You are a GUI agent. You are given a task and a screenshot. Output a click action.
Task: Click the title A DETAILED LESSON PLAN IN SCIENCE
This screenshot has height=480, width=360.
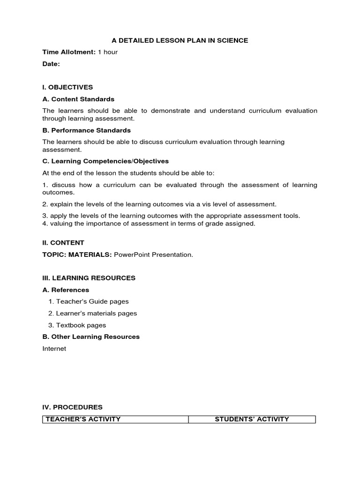pos(180,40)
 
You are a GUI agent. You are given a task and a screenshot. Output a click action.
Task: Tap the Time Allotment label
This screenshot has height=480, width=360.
pos(69,52)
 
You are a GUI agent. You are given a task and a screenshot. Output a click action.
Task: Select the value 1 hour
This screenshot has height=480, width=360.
pos(108,52)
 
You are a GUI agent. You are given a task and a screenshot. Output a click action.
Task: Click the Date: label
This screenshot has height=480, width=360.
pos(51,64)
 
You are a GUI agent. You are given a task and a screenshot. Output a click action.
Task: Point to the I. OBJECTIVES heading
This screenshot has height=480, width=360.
pos(67,87)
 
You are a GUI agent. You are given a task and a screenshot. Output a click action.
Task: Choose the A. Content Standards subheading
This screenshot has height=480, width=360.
pos(78,99)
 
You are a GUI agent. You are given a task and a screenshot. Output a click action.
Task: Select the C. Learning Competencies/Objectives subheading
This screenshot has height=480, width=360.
pos(105,161)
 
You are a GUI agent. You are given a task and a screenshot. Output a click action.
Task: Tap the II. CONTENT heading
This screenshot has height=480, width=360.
pos(63,243)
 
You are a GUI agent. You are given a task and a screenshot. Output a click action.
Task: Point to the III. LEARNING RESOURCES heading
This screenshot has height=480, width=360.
pos(89,278)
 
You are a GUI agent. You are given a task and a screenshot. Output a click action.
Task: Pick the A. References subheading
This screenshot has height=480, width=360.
pos(66,290)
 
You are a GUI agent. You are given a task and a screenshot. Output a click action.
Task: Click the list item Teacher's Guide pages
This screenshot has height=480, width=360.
pos(92,301)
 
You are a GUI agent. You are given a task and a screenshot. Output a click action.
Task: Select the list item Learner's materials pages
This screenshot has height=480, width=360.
pos(96,313)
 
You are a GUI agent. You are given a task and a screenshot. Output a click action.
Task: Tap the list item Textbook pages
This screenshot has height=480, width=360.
pos(81,325)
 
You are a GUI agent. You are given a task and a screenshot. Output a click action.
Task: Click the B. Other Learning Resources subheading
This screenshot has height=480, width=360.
pos(91,337)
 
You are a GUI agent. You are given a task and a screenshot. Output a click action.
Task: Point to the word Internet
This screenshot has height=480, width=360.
pos(54,348)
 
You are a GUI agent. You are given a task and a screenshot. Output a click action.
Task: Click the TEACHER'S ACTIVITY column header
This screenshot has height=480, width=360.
pos(83,419)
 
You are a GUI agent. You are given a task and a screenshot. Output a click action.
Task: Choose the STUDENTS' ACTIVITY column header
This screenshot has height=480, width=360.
pos(252,419)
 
